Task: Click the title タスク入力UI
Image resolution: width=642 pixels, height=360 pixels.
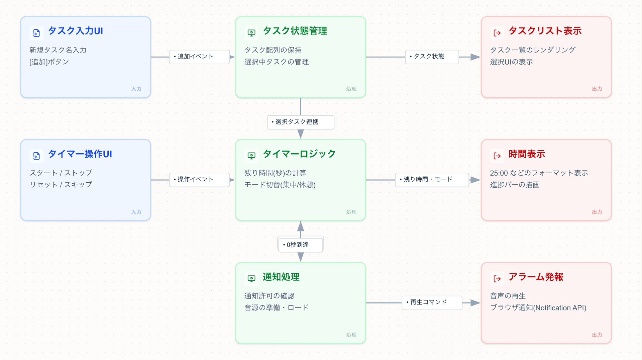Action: [x=75, y=31]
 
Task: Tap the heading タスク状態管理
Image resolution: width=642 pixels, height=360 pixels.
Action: [x=295, y=31]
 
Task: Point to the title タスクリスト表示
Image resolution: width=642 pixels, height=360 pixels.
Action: [x=545, y=31]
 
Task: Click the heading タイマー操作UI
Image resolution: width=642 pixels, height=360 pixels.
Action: [x=80, y=154]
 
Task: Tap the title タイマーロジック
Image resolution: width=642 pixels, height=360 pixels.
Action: [x=299, y=154]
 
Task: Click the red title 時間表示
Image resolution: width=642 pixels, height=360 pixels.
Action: [x=527, y=154]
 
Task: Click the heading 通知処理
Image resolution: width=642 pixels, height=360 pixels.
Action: [x=281, y=277]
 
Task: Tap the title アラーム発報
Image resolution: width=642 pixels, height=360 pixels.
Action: [x=536, y=277]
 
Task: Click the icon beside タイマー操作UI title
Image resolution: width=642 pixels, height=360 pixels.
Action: [x=36, y=156]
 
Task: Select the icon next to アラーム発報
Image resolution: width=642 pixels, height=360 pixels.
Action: [x=497, y=279]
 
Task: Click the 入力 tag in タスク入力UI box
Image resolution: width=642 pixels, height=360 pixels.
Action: [x=136, y=89]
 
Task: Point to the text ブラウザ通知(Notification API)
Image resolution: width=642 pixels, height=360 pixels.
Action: [x=538, y=308]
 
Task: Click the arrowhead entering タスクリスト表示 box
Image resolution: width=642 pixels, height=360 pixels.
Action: [x=475, y=57]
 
